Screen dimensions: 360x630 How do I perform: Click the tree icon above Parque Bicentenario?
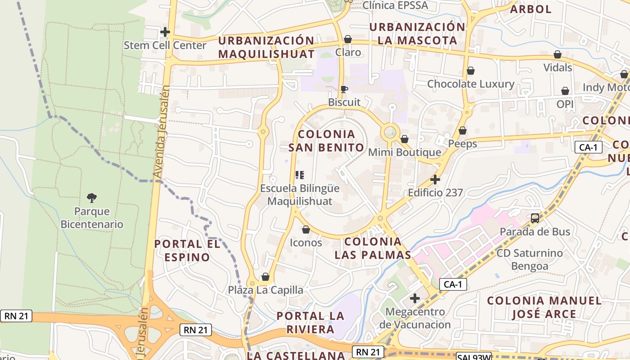point(92,198)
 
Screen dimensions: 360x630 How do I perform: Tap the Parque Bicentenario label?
point(92,218)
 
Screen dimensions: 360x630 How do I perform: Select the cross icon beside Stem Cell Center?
point(165,32)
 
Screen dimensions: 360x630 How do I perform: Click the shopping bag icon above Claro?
point(347,39)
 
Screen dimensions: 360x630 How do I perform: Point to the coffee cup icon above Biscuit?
point(344,89)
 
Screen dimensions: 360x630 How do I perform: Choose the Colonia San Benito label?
point(326,141)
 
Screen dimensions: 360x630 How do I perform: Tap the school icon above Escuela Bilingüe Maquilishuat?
point(300,175)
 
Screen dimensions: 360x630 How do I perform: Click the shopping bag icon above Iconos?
point(306,229)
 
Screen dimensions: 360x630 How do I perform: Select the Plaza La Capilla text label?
point(265,290)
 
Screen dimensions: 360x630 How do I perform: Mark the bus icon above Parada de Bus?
point(535,218)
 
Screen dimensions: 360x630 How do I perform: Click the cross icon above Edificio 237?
point(435,180)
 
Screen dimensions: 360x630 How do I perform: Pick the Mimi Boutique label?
point(405,153)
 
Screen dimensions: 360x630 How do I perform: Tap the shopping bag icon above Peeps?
point(463,130)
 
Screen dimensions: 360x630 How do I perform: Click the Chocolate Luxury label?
point(471,84)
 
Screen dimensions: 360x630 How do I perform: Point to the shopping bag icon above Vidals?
point(558,54)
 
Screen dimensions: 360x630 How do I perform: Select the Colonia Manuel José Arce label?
point(544,307)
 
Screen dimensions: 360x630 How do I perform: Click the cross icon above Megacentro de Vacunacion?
point(415,298)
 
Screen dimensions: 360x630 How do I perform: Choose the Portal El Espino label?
point(187,251)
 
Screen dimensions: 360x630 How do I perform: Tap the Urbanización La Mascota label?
point(417,34)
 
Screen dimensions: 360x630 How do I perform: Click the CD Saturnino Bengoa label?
point(530,259)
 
